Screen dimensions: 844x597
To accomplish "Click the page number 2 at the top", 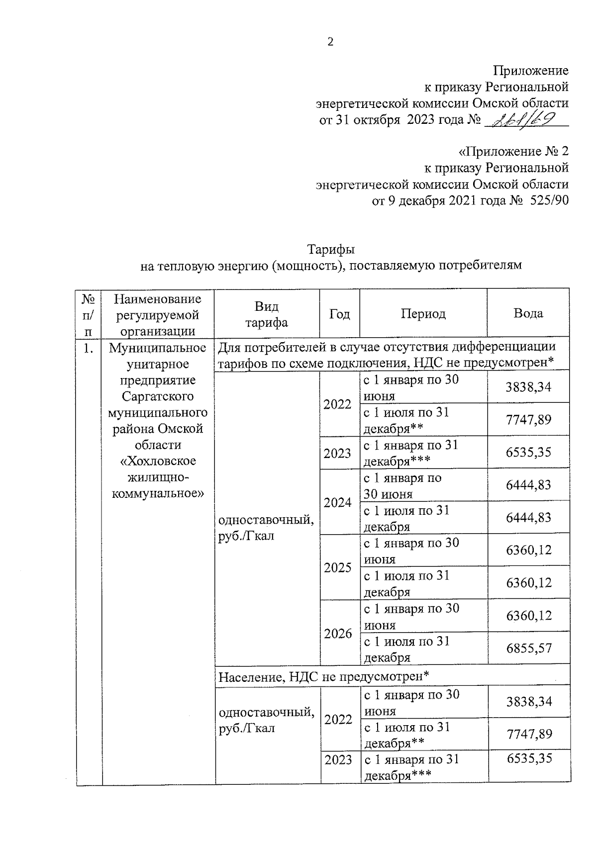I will coord(330,42).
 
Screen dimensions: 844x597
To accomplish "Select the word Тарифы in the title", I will coord(331,248).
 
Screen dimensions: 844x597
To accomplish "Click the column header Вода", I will coord(528,313).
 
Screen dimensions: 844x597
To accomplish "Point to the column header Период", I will coord(423,314).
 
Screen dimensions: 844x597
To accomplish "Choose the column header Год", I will coord(339,314).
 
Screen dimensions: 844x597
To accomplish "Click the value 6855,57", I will coord(528,648).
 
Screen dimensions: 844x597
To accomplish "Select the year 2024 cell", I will coord(337,502).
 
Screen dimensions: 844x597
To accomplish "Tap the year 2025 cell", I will coord(338,567).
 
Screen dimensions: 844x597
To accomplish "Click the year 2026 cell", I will coord(338,633).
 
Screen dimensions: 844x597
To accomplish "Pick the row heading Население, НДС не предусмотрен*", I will coord(323,676).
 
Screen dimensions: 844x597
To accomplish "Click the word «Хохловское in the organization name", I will coord(158,461).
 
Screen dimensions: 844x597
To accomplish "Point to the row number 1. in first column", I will coord(88,348).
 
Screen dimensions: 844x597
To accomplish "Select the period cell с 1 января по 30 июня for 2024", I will coord(402,486).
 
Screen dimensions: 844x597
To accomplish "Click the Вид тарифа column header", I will coord(267,314).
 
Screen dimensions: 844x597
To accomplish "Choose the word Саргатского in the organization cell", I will coord(158,396).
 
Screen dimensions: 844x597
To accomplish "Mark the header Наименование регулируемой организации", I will coord(158,314).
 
